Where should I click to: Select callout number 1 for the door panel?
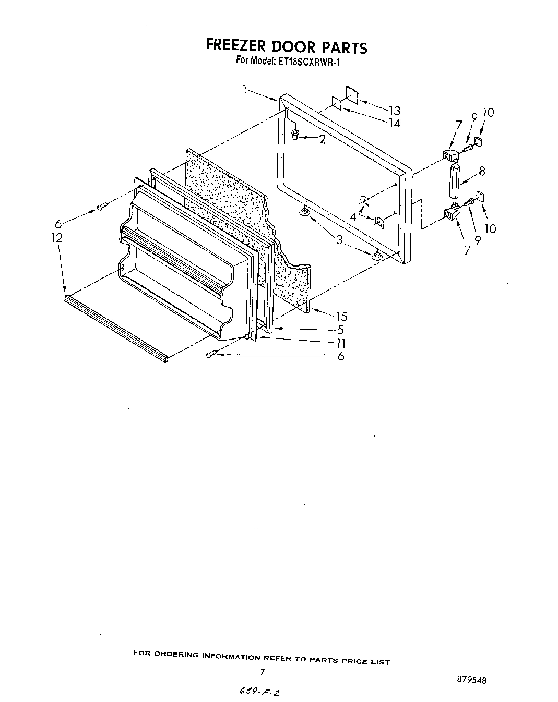[244, 90]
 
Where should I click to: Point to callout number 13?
[394, 111]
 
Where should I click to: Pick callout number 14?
[394, 123]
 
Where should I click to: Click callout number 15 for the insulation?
[341, 316]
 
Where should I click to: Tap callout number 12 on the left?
[57, 238]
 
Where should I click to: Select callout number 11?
[340, 343]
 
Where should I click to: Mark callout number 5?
[340, 330]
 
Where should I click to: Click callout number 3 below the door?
[339, 239]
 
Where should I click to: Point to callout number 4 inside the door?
[353, 215]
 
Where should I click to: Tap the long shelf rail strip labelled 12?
[115, 326]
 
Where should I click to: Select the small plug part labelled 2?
[295, 135]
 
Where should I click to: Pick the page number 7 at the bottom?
[263, 671]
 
